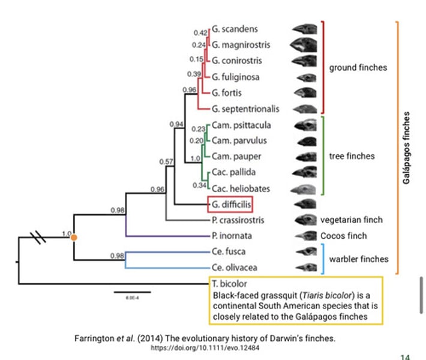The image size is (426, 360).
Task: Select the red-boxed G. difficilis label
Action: pos(230,204)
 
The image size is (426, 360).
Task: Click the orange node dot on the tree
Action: pos(73,238)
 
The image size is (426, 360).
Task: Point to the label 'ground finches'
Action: pos(358,68)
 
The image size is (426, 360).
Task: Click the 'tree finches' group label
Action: pos(352,156)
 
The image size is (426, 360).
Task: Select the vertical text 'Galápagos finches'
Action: pos(407,148)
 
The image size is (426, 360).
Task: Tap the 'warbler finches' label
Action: pos(358,259)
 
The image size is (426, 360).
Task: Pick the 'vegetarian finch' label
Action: pos(351,220)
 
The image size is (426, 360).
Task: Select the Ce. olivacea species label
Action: pos(233,267)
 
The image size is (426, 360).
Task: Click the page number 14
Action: pos(405,356)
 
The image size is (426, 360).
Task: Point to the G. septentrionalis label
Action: pos(245,109)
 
